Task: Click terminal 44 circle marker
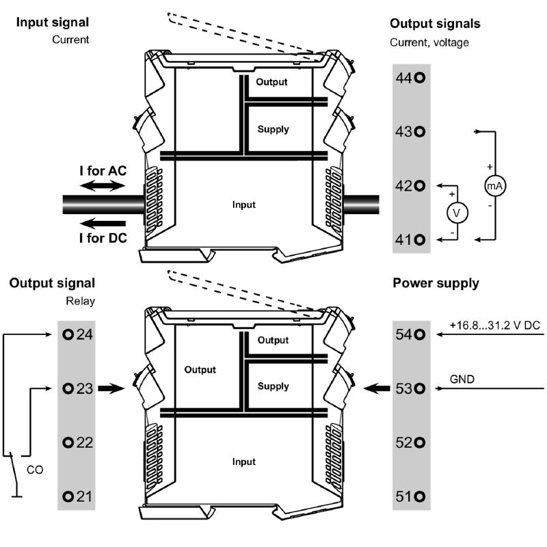tap(420, 78)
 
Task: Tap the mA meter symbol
tap(494, 185)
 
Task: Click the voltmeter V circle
tap(457, 213)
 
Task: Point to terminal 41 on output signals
tap(411, 239)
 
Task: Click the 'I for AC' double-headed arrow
tap(101, 185)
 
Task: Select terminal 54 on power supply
tap(411, 335)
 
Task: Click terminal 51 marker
tap(411, 496)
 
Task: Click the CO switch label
tap(35, 470)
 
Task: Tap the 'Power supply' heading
tap(436, 283)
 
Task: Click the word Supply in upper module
tap(273, 129)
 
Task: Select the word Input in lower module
tap(243, 462)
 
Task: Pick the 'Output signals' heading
tap(435, 23)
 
